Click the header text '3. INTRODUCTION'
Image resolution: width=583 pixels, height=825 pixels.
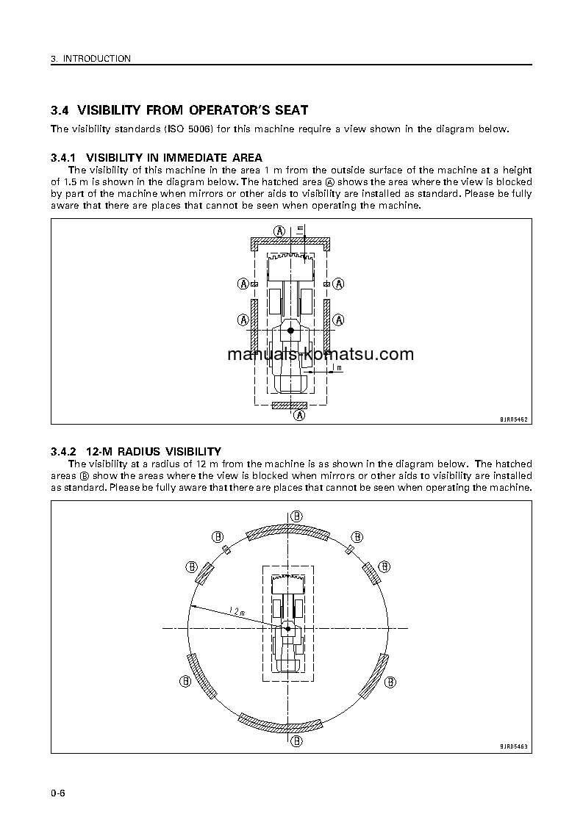(90, 59)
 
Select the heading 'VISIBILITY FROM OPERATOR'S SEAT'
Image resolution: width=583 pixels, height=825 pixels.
(193, 111)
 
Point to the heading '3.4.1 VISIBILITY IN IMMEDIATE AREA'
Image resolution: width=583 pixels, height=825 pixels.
(156, 157)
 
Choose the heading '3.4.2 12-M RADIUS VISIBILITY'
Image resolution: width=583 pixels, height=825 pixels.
(135, 451)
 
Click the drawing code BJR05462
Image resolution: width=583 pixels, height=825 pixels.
(514, 418)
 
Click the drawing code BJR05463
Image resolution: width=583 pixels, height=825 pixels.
(514, 746)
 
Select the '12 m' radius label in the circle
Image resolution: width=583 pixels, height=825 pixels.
(236, 610)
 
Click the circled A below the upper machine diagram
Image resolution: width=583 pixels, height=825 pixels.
(299, 415)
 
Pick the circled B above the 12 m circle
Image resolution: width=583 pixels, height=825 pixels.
(296, 516)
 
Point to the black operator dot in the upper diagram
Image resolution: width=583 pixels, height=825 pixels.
(291, 331)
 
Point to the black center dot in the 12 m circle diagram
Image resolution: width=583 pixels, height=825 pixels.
(287, 629)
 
